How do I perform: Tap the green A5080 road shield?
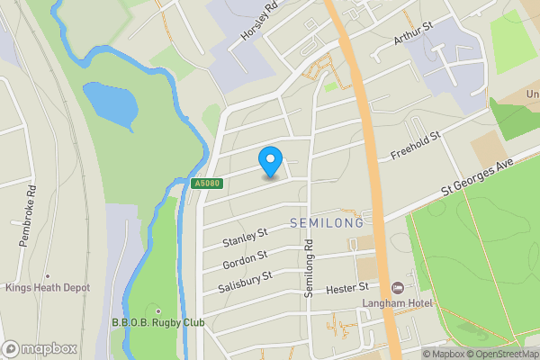[206, 184]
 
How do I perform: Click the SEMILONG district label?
[327, 222]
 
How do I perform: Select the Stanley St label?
[245, 238]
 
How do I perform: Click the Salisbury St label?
[244, 282]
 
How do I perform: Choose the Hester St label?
[348, 287]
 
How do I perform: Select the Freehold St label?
[414, 147]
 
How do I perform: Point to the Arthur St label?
[413, 35]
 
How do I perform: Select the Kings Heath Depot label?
[47, 288]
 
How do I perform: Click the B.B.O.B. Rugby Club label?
[157, 322]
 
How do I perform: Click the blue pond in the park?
[111, 104]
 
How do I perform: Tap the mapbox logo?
[40, 348]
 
